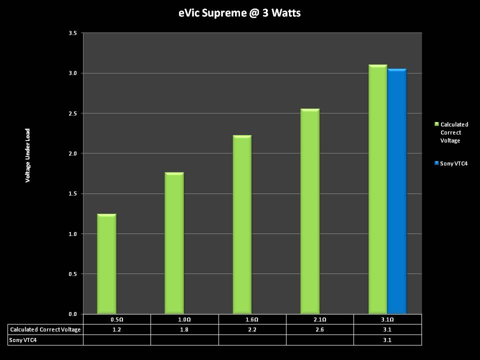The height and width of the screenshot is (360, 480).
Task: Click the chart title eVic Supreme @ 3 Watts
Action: pos(239,13)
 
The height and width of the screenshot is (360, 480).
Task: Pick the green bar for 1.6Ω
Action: pos(242,225)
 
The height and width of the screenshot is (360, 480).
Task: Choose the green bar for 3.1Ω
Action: pos(377,189)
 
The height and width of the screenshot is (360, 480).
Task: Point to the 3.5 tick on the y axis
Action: pos(72,33)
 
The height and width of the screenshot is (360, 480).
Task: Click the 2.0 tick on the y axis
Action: pos(72,153)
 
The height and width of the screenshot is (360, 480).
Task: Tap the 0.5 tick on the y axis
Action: pos(72,274)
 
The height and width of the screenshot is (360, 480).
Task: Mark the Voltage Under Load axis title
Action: pos(28,155)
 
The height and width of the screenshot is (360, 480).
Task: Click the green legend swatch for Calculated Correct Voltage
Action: pos(436,124)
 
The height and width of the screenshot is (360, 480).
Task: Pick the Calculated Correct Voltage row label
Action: pos(45,329)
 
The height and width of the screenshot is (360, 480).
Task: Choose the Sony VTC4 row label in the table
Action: pos(23,340)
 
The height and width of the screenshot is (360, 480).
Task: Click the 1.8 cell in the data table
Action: pos(184,329)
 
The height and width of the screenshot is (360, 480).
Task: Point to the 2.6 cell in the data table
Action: pos(320,329)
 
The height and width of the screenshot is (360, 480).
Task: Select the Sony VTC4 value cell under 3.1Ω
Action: pos(387,340)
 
